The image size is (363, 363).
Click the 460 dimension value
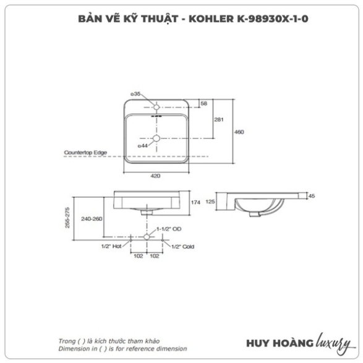coord(239,132)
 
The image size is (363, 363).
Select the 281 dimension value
coord(219,119)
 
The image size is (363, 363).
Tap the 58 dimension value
coord(203,103)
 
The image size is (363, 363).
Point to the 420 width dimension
coord(155,176)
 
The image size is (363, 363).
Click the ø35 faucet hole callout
coord(135,94)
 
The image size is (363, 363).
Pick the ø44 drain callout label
coord(143,146)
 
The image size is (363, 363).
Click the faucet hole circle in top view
coord(156,107)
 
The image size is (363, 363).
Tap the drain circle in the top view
coord(156,139)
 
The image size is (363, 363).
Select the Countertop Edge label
coord(85,153)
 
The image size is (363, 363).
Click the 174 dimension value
coord(195,202)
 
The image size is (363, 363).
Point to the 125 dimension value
coord(210,202)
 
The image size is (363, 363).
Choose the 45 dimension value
coord(312,196)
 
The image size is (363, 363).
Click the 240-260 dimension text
coord(92,219)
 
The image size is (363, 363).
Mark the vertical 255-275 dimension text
coord(67,218)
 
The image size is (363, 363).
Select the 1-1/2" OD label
coord(169,229)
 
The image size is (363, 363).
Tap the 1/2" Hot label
coord(111,246)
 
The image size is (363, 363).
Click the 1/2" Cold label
coord(183,247)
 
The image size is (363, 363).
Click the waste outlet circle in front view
coord(147,237)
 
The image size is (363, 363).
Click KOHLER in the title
coord(211,19)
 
